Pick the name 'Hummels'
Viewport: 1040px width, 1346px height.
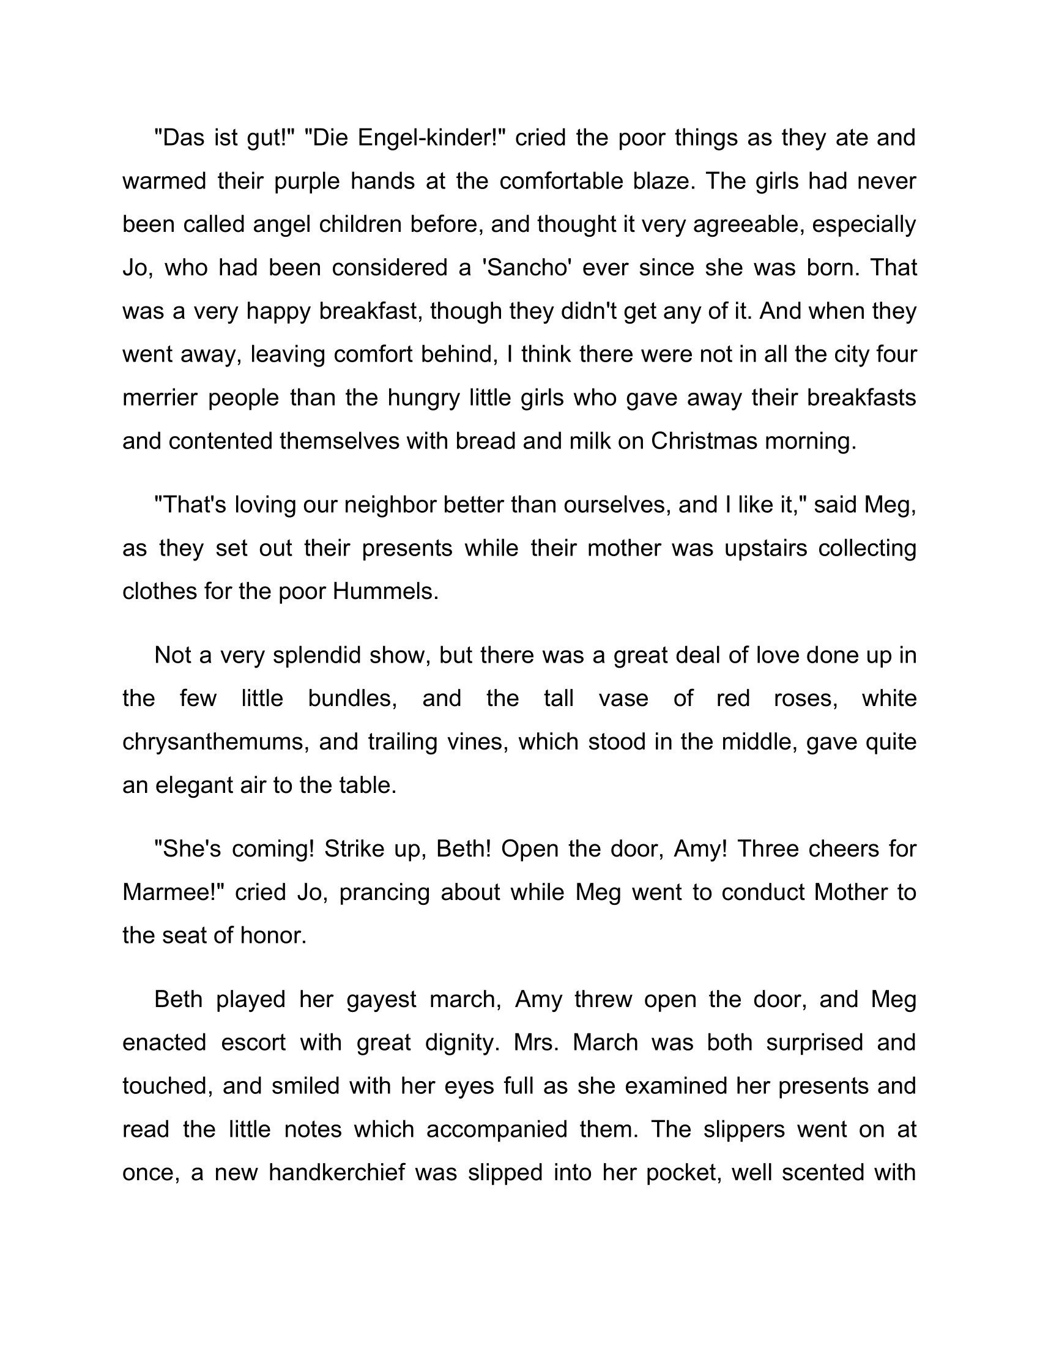point(385,592)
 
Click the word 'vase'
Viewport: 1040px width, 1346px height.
point(623,698)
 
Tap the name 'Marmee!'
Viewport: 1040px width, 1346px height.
point(173,892)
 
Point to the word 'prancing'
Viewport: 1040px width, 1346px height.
point(384,892)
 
